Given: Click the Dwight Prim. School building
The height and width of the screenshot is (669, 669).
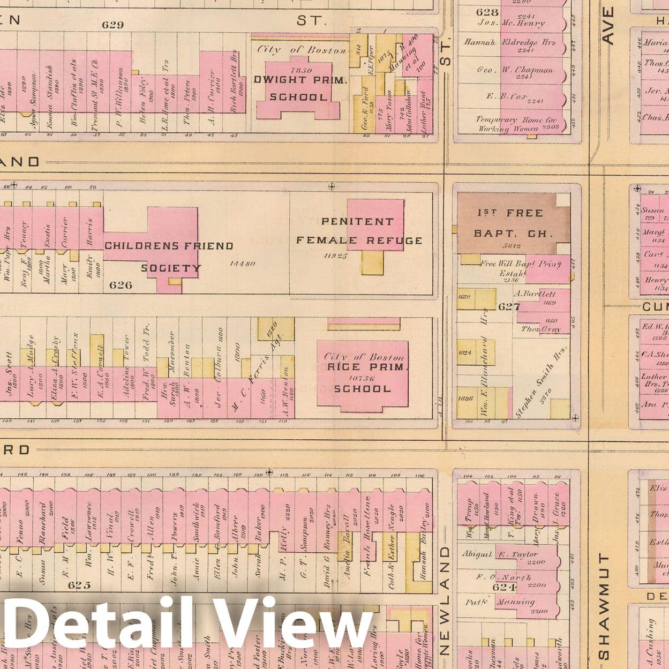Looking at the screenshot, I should [298, 88].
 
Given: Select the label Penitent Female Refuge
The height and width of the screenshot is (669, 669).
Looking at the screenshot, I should [359, 231].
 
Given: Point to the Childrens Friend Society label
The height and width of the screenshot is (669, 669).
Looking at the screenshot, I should [169, 257].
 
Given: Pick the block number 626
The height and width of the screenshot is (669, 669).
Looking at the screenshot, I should [121, 285].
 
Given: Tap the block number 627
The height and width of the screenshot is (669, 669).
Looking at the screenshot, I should [509, 306].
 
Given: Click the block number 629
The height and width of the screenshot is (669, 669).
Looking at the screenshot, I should [112, 25].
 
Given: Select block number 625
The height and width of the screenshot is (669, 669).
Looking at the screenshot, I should [79, 585].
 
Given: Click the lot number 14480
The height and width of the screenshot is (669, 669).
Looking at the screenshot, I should [242, 264].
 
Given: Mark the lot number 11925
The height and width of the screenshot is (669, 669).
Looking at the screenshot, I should [336, 256].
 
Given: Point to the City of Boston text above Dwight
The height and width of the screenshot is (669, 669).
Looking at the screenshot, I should [302, 50].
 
